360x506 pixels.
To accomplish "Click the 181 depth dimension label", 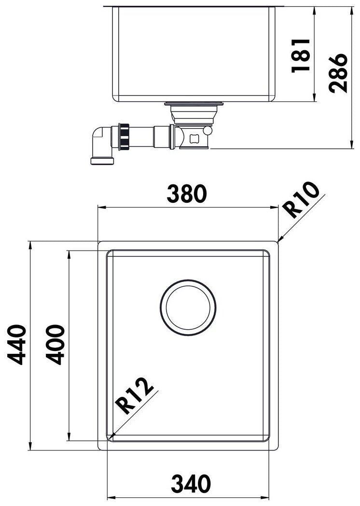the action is click(301, 55).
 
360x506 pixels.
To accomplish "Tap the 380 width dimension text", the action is click(186, 194).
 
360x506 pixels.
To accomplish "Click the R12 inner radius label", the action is click(135, 396).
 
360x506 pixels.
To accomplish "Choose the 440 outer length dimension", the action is click(16, 345).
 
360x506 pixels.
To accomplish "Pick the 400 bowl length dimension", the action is click(55, 345).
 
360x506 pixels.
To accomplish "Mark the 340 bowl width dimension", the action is click(190, 484).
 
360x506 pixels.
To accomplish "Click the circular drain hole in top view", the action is click(188, 308).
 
